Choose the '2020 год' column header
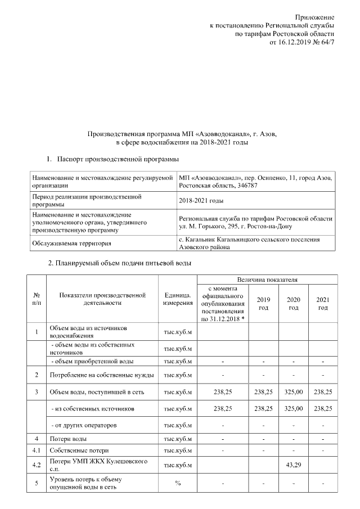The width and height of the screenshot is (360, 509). point(293,304)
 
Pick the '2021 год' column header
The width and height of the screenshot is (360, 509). point(323,304)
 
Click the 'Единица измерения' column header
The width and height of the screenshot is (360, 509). point(178,299)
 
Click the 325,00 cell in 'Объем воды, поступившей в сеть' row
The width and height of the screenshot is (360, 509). point(293,391)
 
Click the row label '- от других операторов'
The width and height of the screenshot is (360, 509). point(84,425)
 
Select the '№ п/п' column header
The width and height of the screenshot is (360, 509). point(37,299)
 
